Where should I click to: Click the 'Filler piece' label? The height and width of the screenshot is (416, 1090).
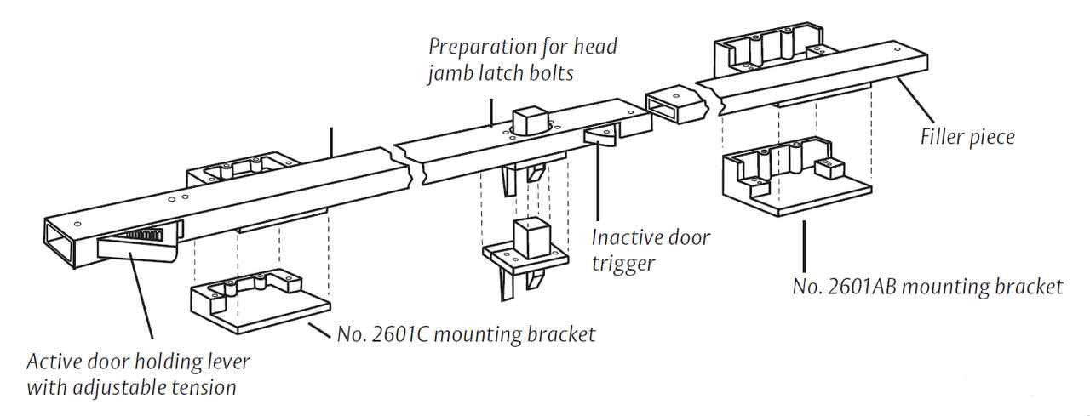coord(967,136)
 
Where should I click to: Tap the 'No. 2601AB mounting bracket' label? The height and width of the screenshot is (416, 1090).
coord(927,287)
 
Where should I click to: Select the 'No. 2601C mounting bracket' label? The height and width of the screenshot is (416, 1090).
coord(466,334)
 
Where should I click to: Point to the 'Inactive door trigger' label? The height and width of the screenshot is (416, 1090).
coord(650,250)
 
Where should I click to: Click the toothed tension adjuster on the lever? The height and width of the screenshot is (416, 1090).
coord(153,231)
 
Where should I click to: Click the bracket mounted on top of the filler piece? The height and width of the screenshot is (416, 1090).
coord(766,47)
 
